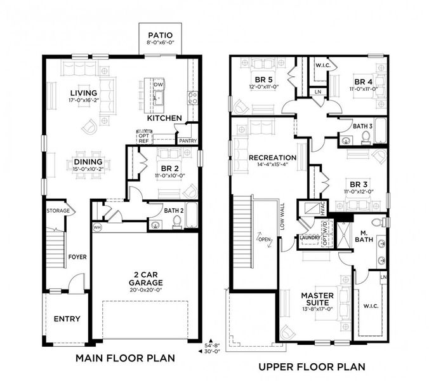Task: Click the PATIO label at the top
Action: pyautogui.click(x=156, y=35)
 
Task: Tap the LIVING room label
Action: pyautogui.click(x=84, y=92)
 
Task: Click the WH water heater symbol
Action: pyautogui.click(x=97, y=226)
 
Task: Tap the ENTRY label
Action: pyautogui.click(x=67, y=319)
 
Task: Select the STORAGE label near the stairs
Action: pyautogui.click(x=57, y=210)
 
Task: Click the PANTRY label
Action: pyautogui.click(x=187, y=140)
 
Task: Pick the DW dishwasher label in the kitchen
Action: pyautogui.click(x=159, y=84)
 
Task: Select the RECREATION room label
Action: pyautogui.click(x=272, y=157)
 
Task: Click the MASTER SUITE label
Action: pyautogui.click(x=317, y=299)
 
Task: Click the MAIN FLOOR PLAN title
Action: pyautogui.click(x=125, y=358)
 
